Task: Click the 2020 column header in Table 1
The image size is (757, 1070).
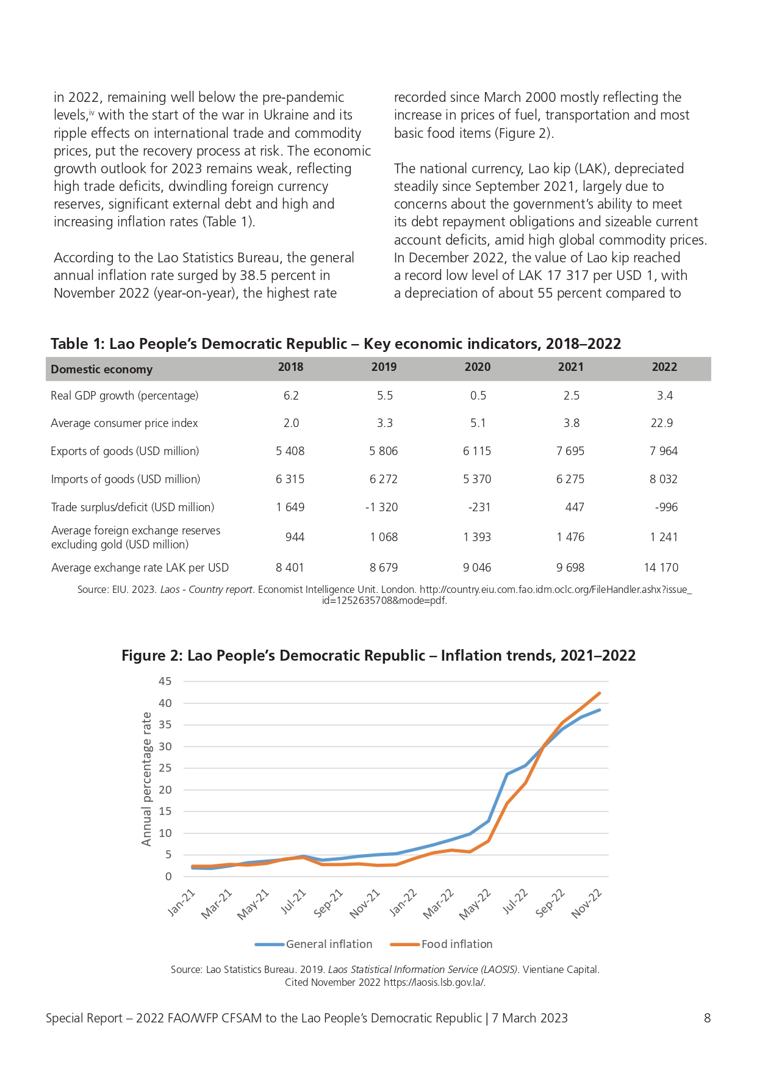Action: pos(477,367)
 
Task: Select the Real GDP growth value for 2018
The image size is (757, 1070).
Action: pos(291,396)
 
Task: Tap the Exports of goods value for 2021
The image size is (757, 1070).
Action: pos(570,451)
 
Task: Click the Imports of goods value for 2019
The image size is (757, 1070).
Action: pos(384,479)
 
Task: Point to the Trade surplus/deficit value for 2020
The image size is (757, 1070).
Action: pos(479,508)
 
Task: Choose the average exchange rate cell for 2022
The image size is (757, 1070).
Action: pos(661,568)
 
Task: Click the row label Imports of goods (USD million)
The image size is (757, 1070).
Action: pos(126,479)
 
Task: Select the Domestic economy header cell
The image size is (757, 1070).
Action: pos(102,370)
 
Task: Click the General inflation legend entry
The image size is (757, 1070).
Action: pos(314,944)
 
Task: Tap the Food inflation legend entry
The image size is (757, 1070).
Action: pos(441,944)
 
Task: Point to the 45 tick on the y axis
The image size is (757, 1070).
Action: pos(165,681)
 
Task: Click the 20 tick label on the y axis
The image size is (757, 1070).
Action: pos(165,790)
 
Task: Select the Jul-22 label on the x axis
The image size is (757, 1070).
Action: pos(515,902)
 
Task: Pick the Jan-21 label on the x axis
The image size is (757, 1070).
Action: pos(181,903)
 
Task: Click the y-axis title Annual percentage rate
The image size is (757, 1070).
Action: pos(146,779)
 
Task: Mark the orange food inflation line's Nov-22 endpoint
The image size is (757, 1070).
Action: pos(600,693)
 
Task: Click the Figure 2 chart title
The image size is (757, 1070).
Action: pos(378,656)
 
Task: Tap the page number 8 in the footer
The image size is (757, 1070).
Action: pos(708,1018)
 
